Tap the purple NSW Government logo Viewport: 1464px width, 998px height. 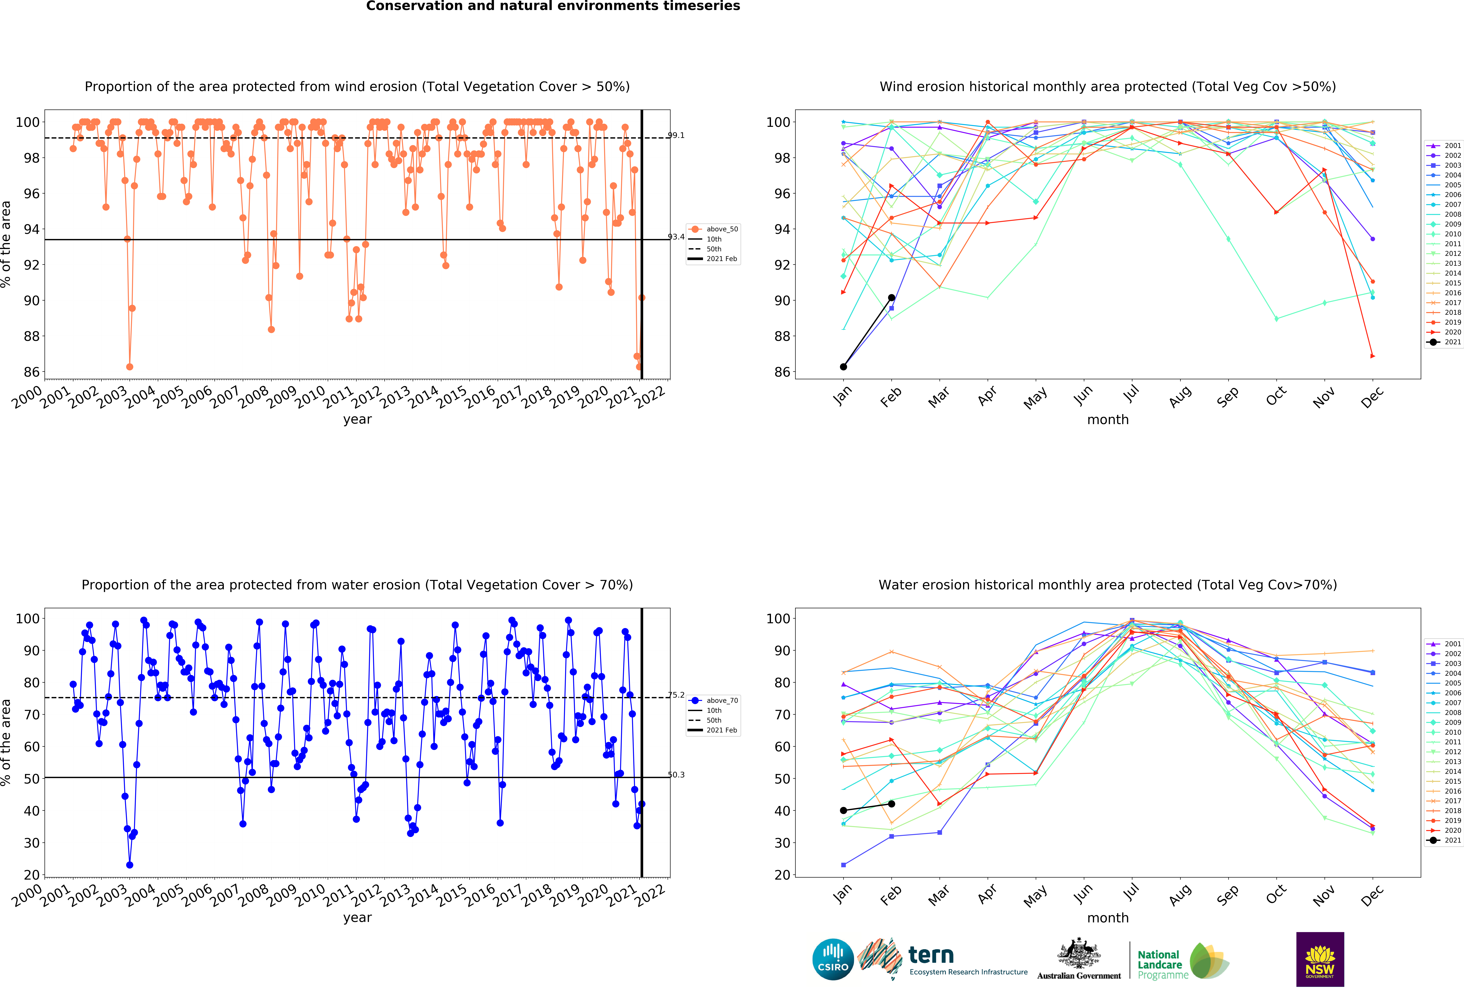[1320, 959]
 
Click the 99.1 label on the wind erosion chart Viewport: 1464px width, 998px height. [676, 135]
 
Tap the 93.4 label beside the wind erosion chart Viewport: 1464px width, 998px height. [676, 237]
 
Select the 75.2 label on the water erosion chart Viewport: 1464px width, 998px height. [676, 695]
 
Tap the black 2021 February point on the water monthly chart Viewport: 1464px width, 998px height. [891, 804]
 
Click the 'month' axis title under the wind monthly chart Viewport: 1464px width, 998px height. [1107, 420]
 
